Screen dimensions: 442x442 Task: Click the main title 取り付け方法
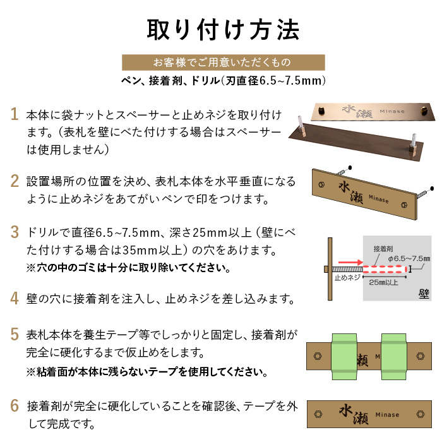(x=223, y=30)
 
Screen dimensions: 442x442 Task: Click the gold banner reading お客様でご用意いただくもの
(x=224, y=63)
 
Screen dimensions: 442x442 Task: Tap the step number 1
(x=14, y=114)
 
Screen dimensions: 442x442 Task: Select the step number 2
(x=15, y=181)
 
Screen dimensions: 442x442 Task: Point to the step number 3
(x=15, y=232)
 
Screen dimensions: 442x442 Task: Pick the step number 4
(x=15, y=298)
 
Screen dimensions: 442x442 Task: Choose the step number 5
(x=15, y=334)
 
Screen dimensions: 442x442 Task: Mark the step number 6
(x=15, y=405)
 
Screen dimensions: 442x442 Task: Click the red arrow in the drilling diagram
(x=350, y=262)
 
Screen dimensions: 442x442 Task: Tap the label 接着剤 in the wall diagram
(x=383, y=249)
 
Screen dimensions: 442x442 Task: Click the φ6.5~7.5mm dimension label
(x=409, y=258)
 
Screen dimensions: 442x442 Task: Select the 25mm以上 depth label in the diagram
(x=383, y=282)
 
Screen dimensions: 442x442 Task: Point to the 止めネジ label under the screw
(x=347, y=278)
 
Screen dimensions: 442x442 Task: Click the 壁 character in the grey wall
(x=424, y=294)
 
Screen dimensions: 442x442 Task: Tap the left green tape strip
(x=345, y=357)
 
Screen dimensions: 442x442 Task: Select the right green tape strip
(x=394, y=357)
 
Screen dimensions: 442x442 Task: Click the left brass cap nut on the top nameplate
(x=321, y=110)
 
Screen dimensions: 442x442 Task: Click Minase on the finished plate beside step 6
(x=387, y=415)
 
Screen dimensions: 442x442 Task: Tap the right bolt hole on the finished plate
(x=421, y=414)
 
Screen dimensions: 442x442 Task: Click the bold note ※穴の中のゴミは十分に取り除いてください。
(x=129, y=268)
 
